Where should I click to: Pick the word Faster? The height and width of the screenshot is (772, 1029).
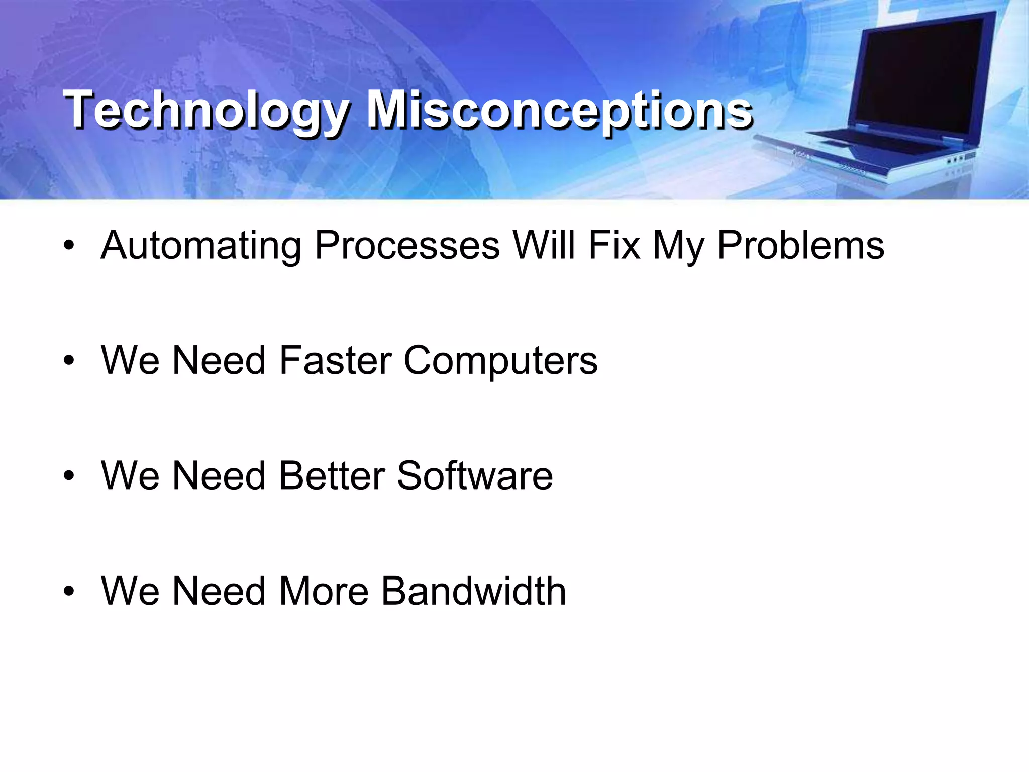[335, 360]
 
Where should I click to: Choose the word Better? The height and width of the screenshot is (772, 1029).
[332, 475]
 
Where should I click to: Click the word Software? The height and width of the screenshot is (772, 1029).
[475, 475]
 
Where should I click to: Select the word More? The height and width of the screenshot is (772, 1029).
[324, 591]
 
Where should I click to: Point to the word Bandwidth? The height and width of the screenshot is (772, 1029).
[473, 591]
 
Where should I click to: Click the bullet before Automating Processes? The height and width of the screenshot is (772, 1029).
[69, 246]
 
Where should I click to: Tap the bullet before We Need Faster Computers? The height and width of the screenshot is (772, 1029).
[69, 361]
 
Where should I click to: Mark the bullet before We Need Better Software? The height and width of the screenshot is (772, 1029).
[69, 476]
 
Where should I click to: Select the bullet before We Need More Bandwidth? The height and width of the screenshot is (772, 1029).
[69, 591]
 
